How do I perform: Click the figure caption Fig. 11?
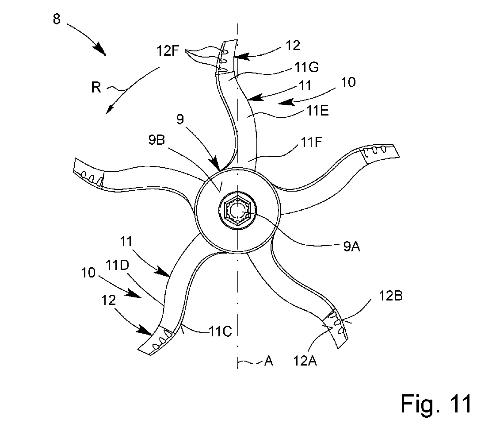point(435,403)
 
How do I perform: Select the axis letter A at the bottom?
point(268,362)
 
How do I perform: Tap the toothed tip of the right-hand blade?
point(379,153)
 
